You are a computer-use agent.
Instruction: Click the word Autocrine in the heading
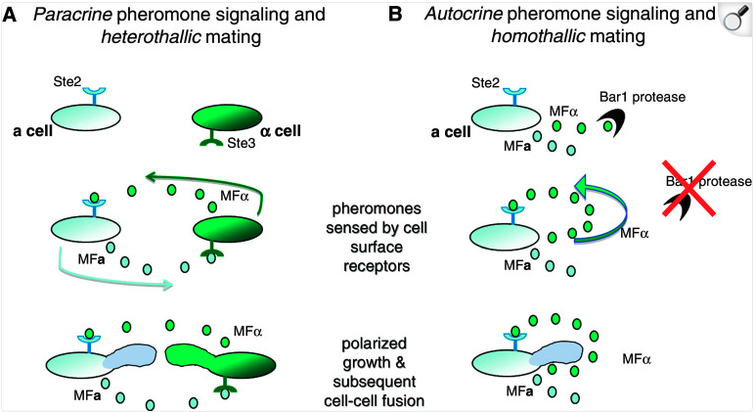(461, 17)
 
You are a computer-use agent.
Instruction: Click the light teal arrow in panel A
(108, 276)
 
